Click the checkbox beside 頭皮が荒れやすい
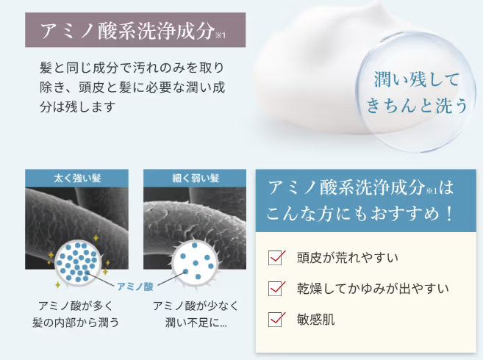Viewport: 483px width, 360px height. (x=275, y=258)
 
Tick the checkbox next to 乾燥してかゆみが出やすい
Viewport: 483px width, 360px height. (x=275, y=289)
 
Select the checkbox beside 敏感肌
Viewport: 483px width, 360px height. (x=275, y=320)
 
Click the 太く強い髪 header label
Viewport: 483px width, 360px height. (x=77, y=179)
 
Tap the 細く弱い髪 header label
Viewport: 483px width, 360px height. (x=196, y=179)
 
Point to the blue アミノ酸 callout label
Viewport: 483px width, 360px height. (x=135, y=287)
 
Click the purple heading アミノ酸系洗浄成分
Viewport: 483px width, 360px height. (x=127, y=30)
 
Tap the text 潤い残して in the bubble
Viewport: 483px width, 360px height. (x=417, y=79)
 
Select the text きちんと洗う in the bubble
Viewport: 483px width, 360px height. (x=417, y=105)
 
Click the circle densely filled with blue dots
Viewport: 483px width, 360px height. (x=77, y=262)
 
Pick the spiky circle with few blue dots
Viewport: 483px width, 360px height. (x=196, y=262)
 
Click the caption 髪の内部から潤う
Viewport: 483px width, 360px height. (x=76, y=323)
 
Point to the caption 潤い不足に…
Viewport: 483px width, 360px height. (x=196, y=323)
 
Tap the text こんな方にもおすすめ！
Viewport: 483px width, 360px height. (x=360, y=213)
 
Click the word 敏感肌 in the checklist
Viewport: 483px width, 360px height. (x=315, y=320)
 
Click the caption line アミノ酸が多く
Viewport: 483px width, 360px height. (x=76, y=306)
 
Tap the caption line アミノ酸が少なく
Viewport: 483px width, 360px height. (x=196, y=306)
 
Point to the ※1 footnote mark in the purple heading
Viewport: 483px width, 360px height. (x=221, y=35)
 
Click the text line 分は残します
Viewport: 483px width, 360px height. (x=78, y=107)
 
